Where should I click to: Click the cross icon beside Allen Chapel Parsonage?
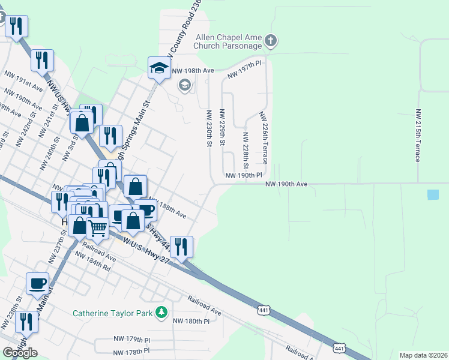271,41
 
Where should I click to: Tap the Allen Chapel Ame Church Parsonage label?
229,41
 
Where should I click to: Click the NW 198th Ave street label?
193,71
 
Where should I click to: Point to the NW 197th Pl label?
245,70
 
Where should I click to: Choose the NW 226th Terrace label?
263,138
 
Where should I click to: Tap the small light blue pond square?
433,194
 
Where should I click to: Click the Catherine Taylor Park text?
112,313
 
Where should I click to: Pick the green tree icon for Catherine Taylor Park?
161,312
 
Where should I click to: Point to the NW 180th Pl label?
191,321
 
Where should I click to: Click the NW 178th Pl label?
131,351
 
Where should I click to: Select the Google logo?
20,353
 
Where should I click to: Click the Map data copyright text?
423,355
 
